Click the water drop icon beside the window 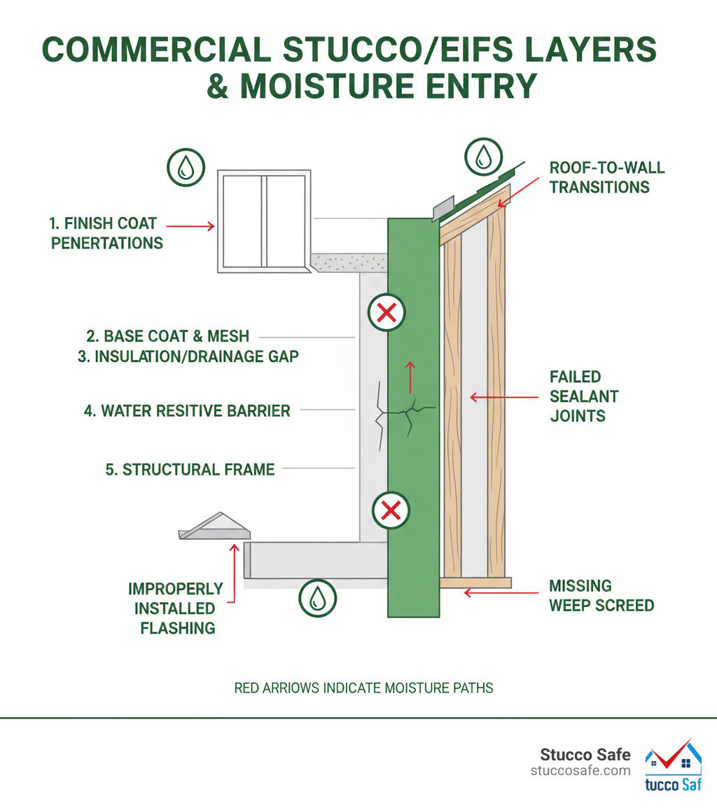pyautogui.click(x=186, y=167)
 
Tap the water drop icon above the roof pyautogui.click(x=483, y=157)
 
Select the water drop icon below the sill pyautogui.click(x=317, y=598)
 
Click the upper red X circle pyautogui.click(x=387, y=312)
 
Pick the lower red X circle pyautogui.click(x=391, y=510)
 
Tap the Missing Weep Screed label pyautogui.click(x=601, y=595)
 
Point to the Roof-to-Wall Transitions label pyautogui.click(x=606, y=177)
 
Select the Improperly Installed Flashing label pyautogui.click(x=175, y=608)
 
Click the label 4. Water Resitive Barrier pyautogui.click(x=187, y=411)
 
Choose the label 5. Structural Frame pyautogui.click(x=190, y=469)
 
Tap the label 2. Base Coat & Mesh pyautogui.click(x=167, y=336)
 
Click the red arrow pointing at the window pyautogui.click(x=190, y=225)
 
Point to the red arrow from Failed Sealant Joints pyautogui.click(x=503, y=397)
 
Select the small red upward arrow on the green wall pyautogui.click(x=410, y=377)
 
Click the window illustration pyautogui.click(x=264, y=221)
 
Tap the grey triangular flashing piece pyautogui.click(x=214, y=526)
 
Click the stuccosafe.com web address pyautogui.click(x=580, y=771)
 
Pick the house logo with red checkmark pyautogui.click(x=673, y=765)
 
